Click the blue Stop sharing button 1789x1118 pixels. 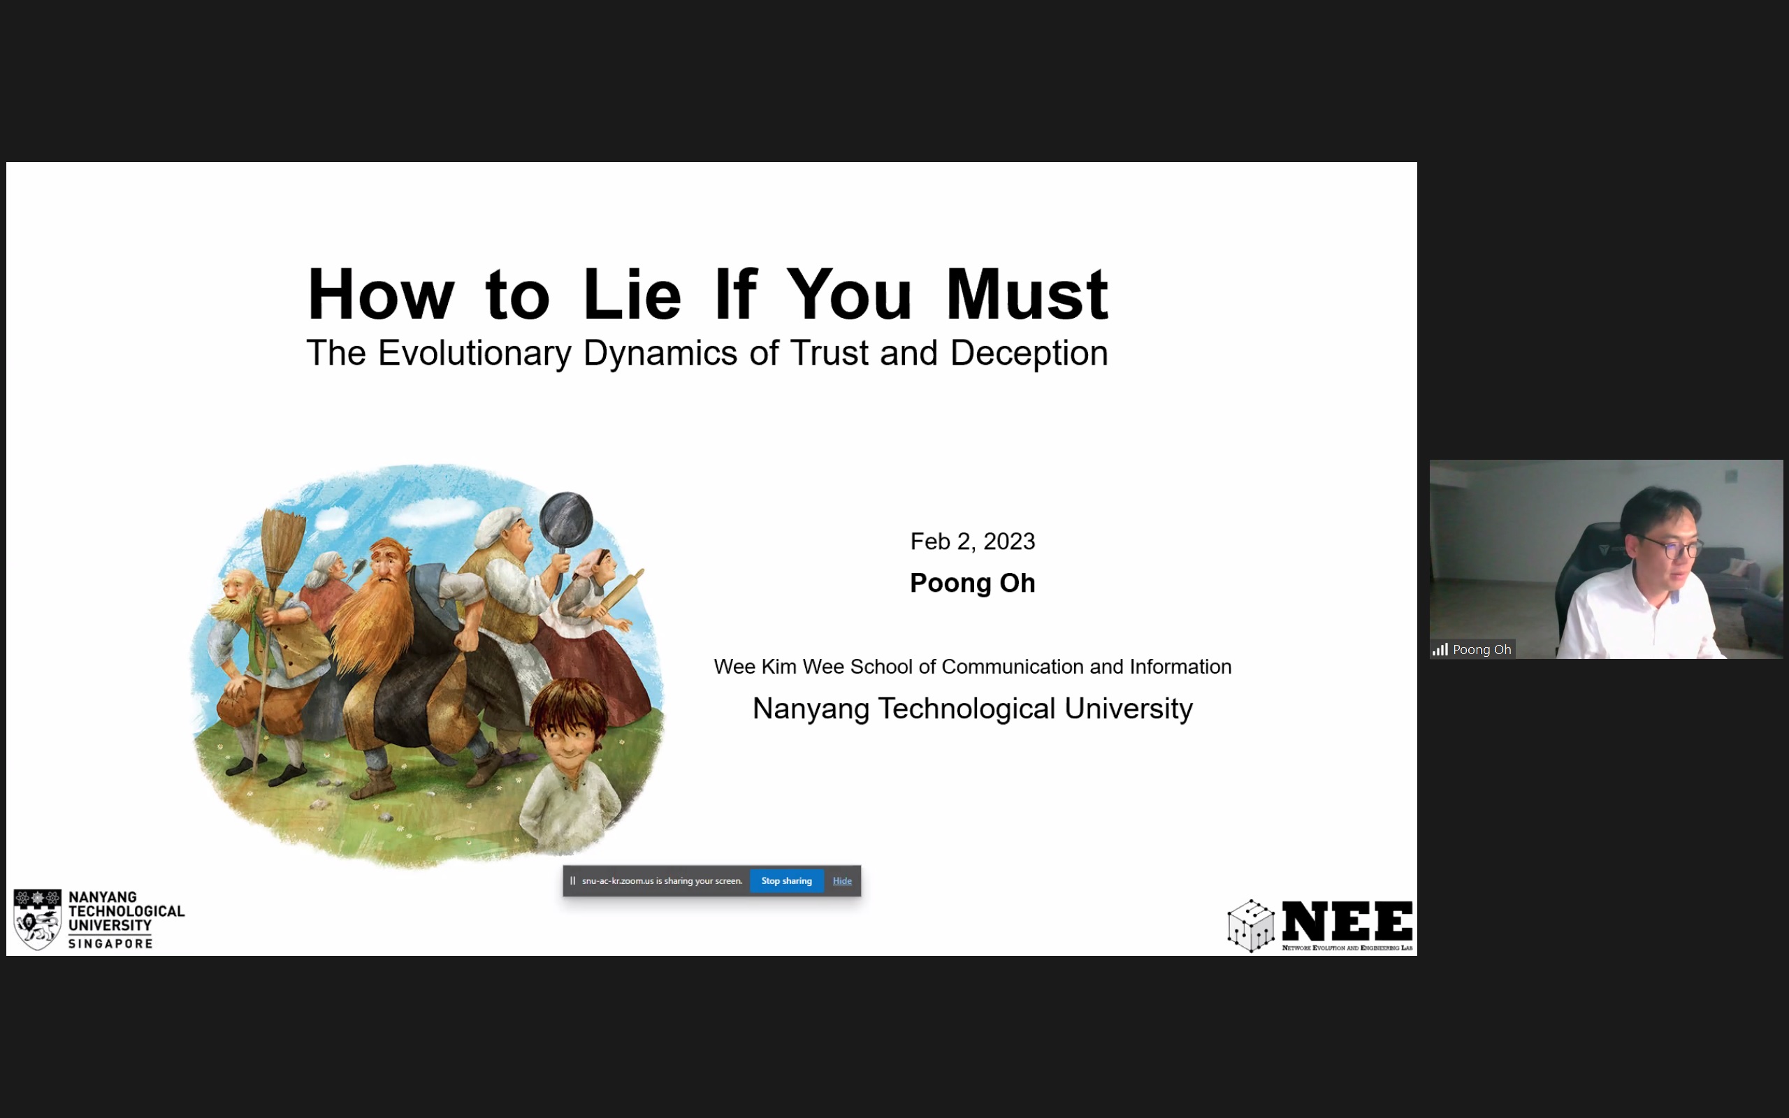click(x=787, y=880)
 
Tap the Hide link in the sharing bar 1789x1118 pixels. click(x=842, y=880)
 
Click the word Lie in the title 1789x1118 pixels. click(x=631, y=294)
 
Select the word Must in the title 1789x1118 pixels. click(x=1027, y=294)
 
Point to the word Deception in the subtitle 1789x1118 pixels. click(x=1029, y=354)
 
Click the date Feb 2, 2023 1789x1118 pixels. click(x=972, y=542)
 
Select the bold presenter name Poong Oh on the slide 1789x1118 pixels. click(x=972, y=583)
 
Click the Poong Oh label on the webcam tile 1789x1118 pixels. click(x=1482, y=649)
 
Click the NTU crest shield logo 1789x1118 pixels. click(x=37, y=919)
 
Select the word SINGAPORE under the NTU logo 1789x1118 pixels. click(x=110, y=943)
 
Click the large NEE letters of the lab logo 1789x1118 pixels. click(x=1347, y=922)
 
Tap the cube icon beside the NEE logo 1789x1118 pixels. click(x=1251, y=926)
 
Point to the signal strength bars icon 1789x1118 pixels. click(x=1440, y=649)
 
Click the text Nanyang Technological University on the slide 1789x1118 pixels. click(x=972, y=709)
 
